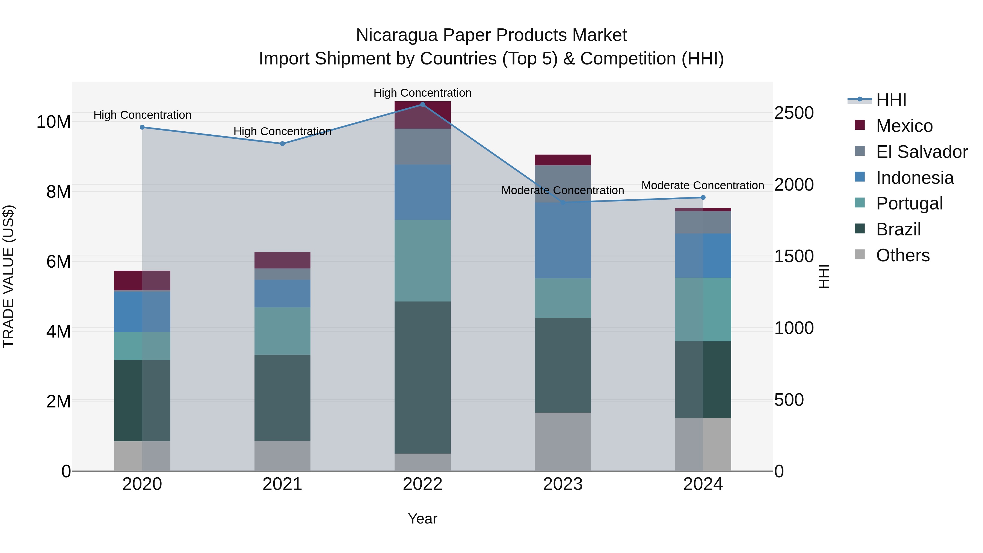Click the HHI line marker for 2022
(422, 105)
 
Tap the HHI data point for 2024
(703, 198)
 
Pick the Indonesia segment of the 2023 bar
(562, 240)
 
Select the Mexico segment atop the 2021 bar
(282, 260)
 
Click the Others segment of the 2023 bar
(562, 442)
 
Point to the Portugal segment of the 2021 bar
(282, 331)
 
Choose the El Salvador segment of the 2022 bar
(422, 147)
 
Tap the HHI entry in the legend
(891, 100)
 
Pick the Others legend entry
(902, 255)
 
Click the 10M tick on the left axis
(54, 122)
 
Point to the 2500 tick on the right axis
(794, 113)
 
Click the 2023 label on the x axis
(562, 484)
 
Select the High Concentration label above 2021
(282, 131)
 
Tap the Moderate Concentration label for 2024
(703, 185)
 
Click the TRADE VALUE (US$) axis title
(8, 276)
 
